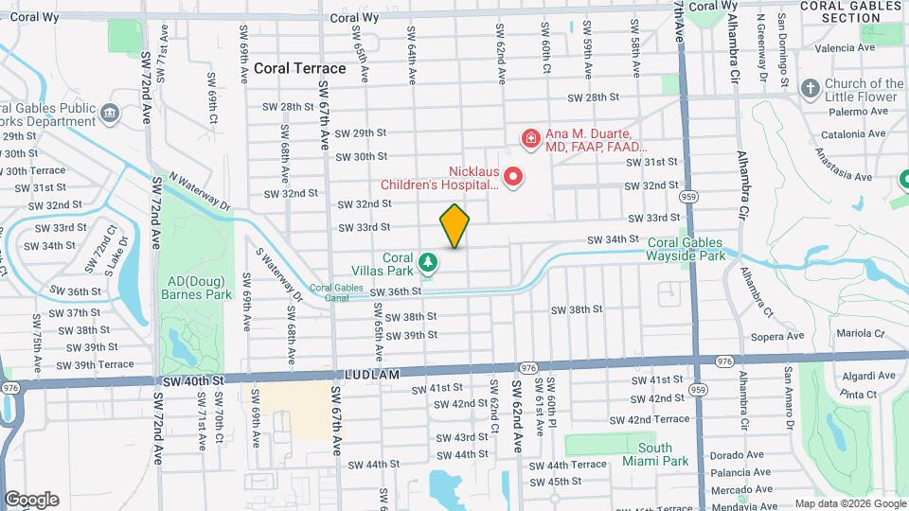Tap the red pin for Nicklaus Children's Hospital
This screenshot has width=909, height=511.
(513, 177)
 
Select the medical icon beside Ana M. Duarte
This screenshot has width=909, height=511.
(530, 139)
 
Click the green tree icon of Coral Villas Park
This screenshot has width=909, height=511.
(429, 260)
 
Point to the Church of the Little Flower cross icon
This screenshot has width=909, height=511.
(810, 89)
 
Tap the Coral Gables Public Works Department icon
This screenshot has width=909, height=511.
(111, 114)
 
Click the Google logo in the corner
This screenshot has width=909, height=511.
(31, 500)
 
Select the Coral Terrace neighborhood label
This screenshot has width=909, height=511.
(299, 69)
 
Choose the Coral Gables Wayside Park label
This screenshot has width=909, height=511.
(686, 249)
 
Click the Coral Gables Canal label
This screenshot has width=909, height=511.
(337, 292)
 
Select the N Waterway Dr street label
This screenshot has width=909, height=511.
(200, 191)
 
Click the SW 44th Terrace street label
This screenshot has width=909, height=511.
(567, 465)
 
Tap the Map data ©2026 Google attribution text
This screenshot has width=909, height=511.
(849, 503)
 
